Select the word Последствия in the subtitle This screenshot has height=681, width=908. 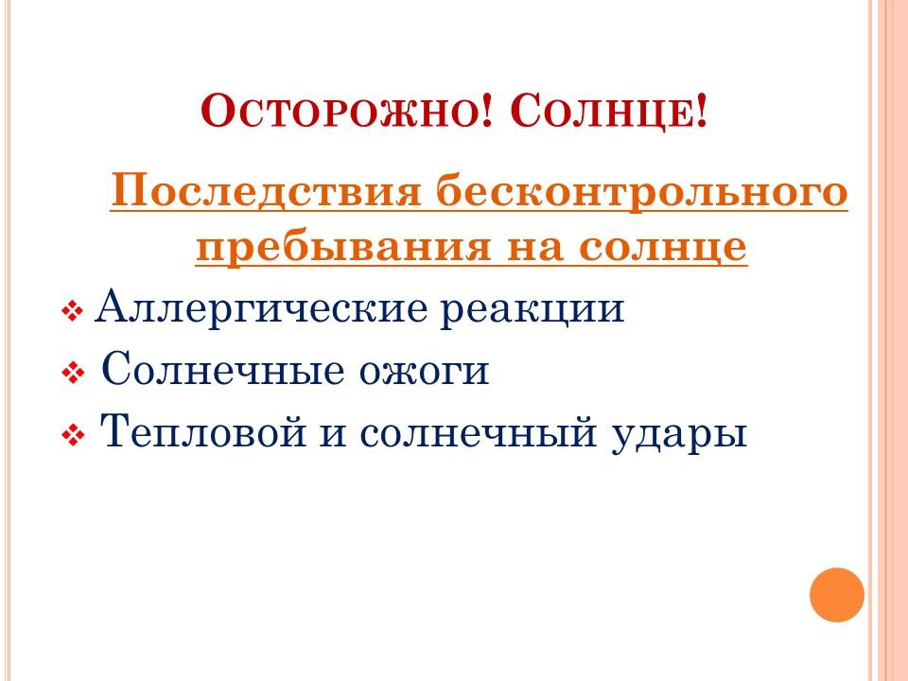point(265,190)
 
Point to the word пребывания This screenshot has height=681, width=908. point(342,247)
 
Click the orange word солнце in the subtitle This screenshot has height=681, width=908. point(662,247)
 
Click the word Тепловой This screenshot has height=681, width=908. point(203,431)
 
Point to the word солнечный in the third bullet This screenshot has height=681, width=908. point(478,432)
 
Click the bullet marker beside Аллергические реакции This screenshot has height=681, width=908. point(73,311)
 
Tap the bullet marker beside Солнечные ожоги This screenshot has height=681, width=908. point(73,373)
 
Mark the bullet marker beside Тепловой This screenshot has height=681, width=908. point(73,435)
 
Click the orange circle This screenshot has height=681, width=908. point(837,595)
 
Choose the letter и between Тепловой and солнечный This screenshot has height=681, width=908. point(333,436)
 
